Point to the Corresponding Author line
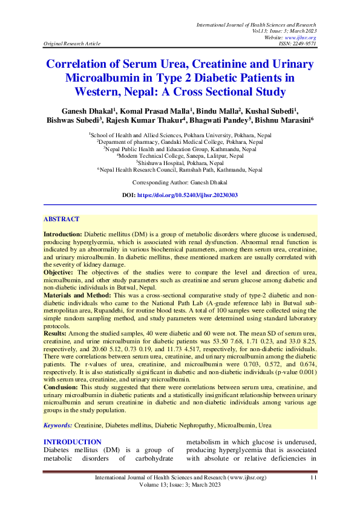[x=180, y=165]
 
